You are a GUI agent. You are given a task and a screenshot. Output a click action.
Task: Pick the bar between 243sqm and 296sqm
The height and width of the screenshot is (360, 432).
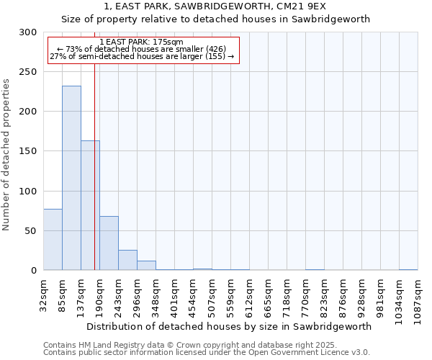click(127, 260)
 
